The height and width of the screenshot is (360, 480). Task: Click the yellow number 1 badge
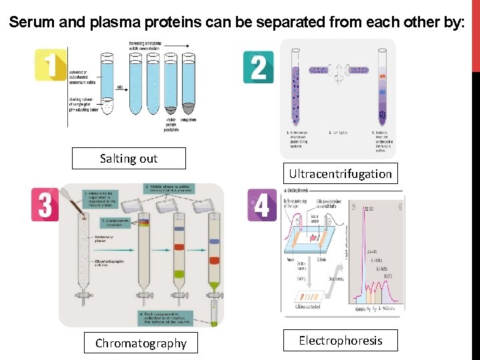[51, 65]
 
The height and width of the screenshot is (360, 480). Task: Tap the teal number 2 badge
[258, 67]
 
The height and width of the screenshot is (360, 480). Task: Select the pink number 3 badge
[45, 205]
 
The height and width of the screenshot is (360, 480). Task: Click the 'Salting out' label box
[129, 158]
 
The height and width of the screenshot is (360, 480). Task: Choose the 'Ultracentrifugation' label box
[340, 173]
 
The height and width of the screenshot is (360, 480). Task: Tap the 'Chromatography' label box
[141, 343]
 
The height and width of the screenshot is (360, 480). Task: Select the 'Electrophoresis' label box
[340, 340]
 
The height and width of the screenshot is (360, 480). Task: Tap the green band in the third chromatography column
[179, 273]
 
